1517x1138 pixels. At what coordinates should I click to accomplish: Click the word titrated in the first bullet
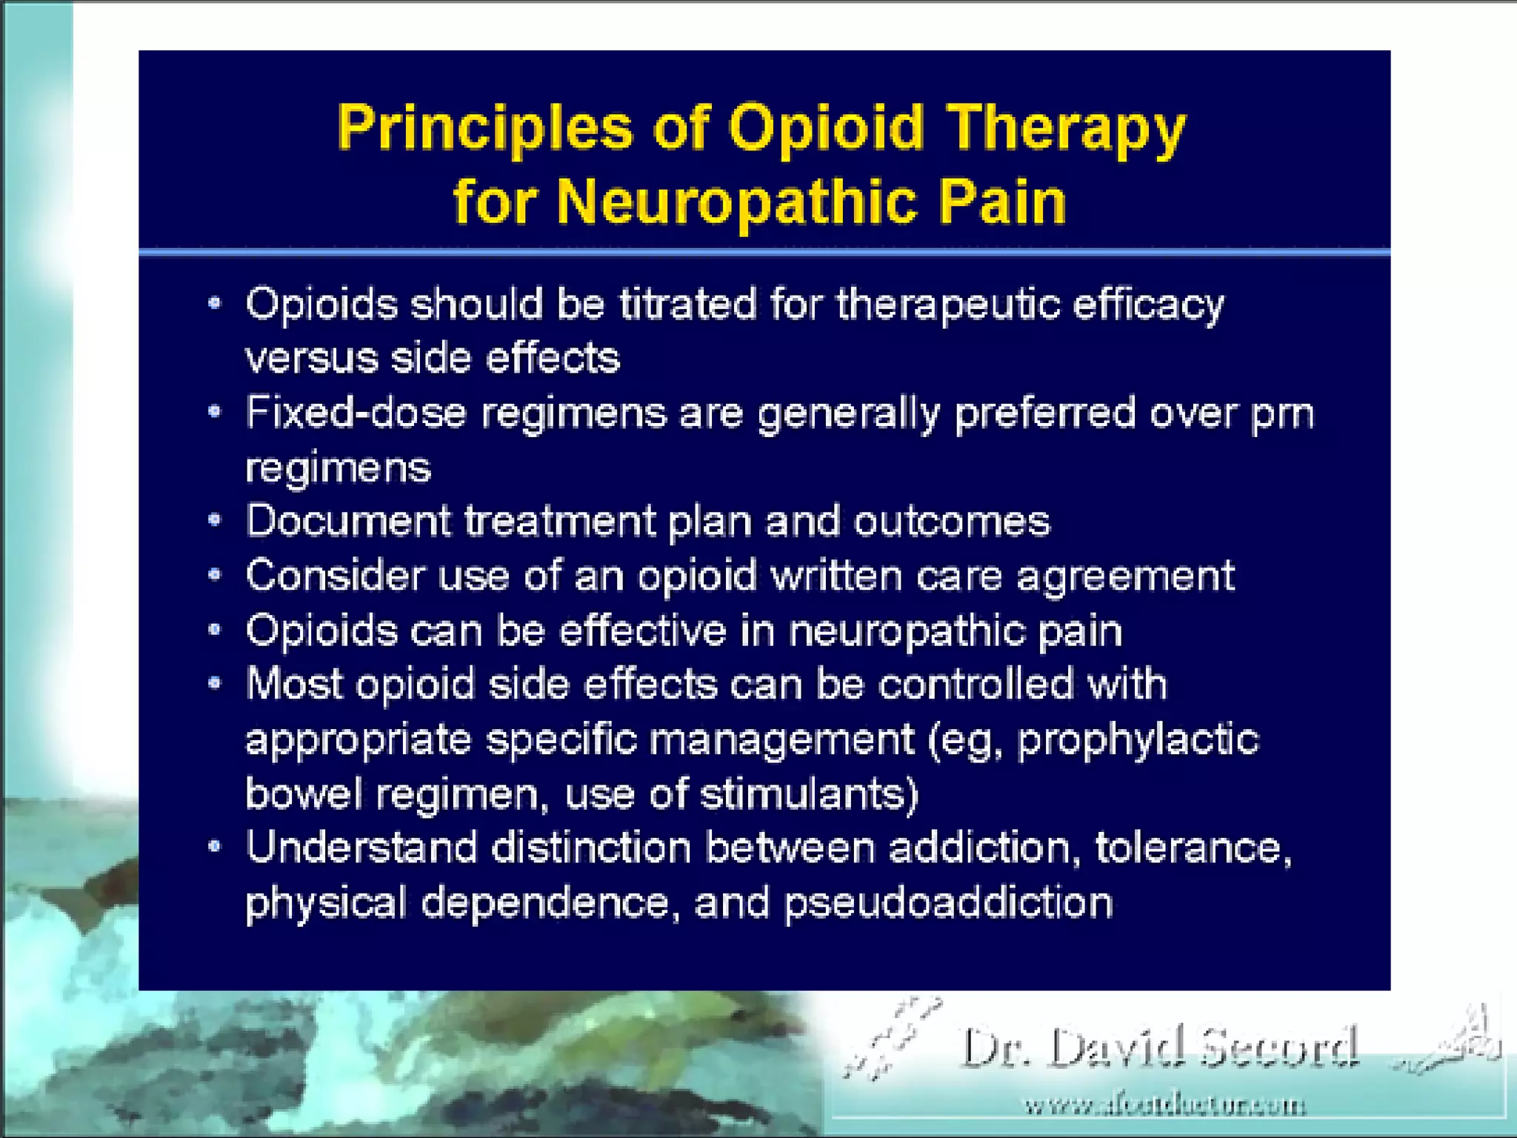[688, 305]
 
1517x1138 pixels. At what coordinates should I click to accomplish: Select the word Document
[348, 521]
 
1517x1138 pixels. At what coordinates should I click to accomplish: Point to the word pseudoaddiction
[948, 903]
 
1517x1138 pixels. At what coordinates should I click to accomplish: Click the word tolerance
[1193, 848]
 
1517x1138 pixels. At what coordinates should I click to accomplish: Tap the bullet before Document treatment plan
[215, 520]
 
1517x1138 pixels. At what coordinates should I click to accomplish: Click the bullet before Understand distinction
[215, 846]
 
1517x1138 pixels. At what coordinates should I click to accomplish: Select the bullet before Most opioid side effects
[215, 683]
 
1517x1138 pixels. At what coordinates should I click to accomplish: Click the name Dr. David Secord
[1159, 1048]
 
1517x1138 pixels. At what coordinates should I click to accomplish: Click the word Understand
[361, 848]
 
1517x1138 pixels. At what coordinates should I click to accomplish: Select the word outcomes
[952, 521]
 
